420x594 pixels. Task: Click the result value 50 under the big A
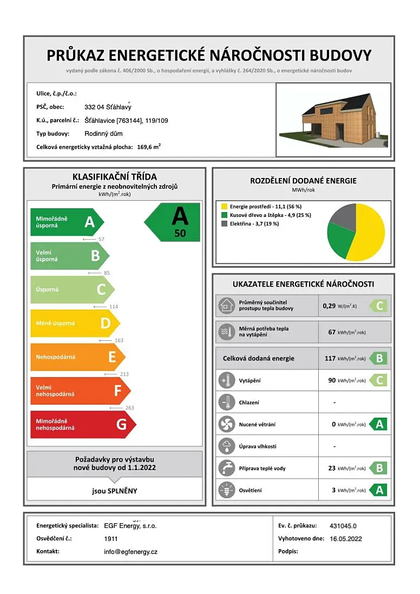coord(180,233)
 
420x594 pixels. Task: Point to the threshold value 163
coord(119,340)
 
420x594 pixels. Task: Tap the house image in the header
coord(333,120)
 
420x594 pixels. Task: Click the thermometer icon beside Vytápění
coord(225,380)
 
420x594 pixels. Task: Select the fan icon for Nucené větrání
coord(225,424)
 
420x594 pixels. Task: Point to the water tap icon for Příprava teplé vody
coord(225,468)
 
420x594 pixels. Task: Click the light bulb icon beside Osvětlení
coord(225,490)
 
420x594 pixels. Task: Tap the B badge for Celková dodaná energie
coord(379,358)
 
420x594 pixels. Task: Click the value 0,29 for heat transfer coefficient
coord(329,306)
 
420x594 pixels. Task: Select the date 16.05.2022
coord(345,539)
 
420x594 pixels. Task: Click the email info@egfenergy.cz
coord(130,552)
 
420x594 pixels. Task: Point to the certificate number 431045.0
coord(343,525)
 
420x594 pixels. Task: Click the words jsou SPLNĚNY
coord(114,491)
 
